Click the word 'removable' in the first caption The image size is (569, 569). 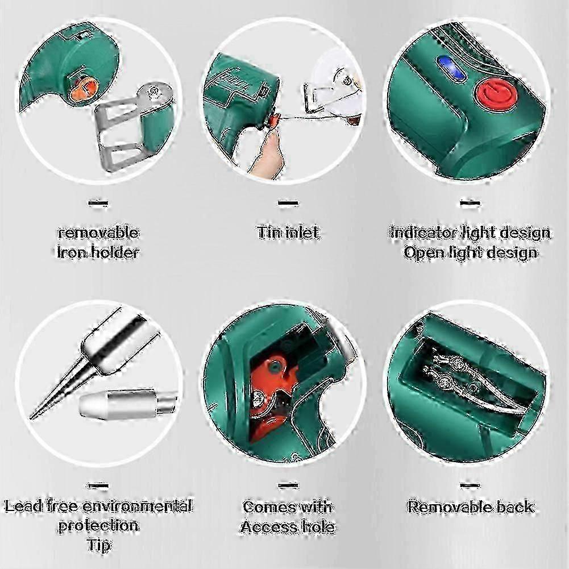tap(98, 232)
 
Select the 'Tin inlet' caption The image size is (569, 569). tap(288, 232)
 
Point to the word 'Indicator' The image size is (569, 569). tap(424, 232)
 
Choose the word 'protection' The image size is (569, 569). tap(98, 525)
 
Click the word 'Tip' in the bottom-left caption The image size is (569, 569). tap(98, 545)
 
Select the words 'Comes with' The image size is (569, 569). tap(288, 506)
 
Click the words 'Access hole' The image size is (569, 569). tap(288, 526)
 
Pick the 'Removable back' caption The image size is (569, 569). tap(471, 506)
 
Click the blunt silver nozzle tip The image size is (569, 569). tap(122, 405)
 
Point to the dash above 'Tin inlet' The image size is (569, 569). tap(288, 202)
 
